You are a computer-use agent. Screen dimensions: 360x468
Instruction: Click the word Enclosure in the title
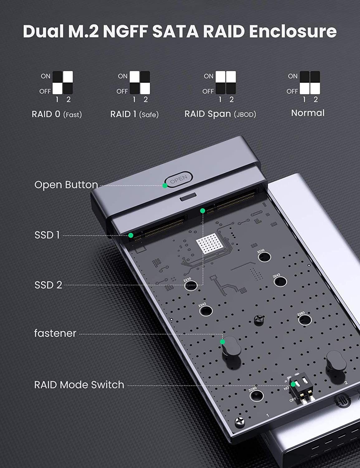pos(293,32)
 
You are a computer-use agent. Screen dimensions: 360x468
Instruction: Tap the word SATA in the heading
pos(175,32)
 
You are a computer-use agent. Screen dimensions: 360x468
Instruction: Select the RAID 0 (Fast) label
pos(57,115)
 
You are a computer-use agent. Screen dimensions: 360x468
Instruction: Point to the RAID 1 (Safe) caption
pos(134,115)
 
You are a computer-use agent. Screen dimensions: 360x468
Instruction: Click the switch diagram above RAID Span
pos(226,83)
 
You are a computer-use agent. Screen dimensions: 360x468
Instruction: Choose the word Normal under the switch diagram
pos(308,113)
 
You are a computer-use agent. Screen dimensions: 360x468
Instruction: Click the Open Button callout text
pos(66,185)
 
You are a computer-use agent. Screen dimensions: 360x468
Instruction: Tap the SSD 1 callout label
pos(47,235)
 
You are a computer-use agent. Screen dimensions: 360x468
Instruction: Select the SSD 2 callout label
pos(48,285)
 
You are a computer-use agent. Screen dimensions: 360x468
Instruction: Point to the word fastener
pos(55,334)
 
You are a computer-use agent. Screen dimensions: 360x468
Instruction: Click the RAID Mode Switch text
pos(79,385)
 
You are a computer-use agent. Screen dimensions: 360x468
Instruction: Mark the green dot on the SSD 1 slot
pos(131,235)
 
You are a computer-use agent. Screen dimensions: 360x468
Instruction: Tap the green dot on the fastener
pos(223,342)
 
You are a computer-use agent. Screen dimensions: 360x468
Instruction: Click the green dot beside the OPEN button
pos(165,186)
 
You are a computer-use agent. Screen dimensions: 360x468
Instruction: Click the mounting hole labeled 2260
pos(305,320)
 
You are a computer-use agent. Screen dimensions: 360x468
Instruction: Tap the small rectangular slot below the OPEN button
pos(188,197)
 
